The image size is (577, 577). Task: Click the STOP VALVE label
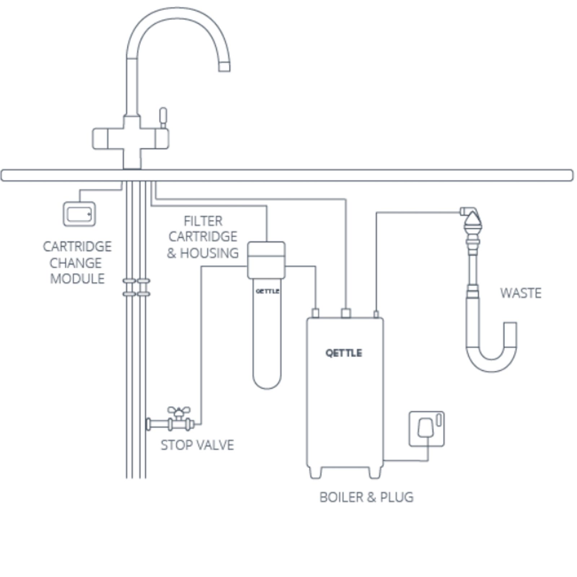click(197, 445)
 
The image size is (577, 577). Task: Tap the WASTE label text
click(520, 293)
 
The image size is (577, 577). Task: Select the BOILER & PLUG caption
click(366, 497)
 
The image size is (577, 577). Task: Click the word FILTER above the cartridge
click(203, 221)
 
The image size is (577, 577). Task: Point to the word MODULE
click(77, 279)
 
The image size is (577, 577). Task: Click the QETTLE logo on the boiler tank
click(344, 353)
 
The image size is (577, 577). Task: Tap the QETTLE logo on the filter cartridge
click(267, 291)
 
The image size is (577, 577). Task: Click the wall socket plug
click(426, 428)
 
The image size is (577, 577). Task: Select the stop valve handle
click(179, 411)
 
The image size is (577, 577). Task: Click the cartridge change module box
click(79, 214)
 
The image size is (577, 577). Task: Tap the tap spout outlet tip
click(224, 67)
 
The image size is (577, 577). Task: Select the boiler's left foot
click(315, 472)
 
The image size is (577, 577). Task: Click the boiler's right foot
click(375, 472)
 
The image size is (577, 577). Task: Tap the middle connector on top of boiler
click(346, 313)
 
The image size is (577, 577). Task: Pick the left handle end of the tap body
click(100, 138)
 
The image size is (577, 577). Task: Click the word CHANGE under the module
click(76, 263)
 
